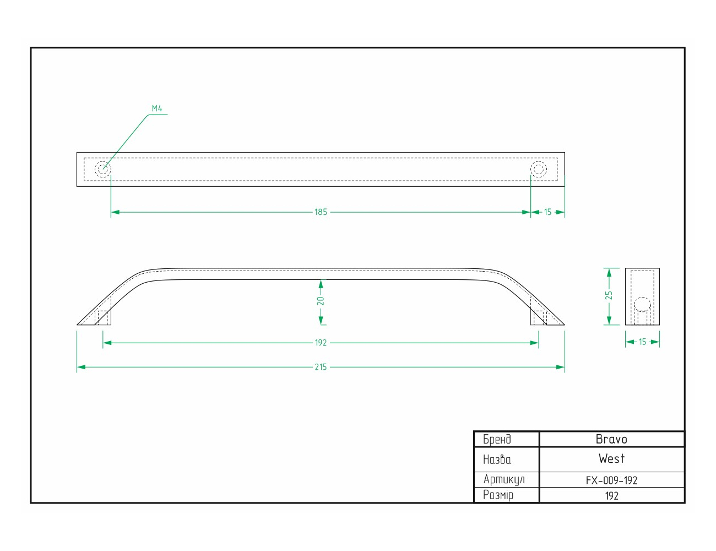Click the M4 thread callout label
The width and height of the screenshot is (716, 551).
tap(157, 109)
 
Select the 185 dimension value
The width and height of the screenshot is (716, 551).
tap(321, 212)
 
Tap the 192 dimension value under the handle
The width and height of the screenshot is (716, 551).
tap(321, 343)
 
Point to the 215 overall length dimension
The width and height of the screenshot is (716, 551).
tap(321, 367)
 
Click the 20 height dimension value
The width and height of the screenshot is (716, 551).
tap(321, 301)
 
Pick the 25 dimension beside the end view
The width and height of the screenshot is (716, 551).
tap(609, 295)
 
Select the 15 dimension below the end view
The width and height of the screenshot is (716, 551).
tap(643, 342)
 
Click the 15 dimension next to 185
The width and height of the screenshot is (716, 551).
tap(547, 212)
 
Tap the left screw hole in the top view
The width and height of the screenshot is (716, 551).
tap(103, 169)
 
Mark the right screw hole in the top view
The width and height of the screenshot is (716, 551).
tap(539, 169)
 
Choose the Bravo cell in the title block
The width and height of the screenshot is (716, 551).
tap(611, 439)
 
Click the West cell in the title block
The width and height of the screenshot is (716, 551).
tap(611, 459)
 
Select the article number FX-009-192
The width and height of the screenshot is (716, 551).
tap(611, 480)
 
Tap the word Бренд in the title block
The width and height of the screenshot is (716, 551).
tap(497, 439)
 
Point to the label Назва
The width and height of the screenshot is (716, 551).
tap(497, 460)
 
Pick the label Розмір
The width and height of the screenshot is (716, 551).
tap(498, 495)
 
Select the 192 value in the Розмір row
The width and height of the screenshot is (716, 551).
tap(611, 496)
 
